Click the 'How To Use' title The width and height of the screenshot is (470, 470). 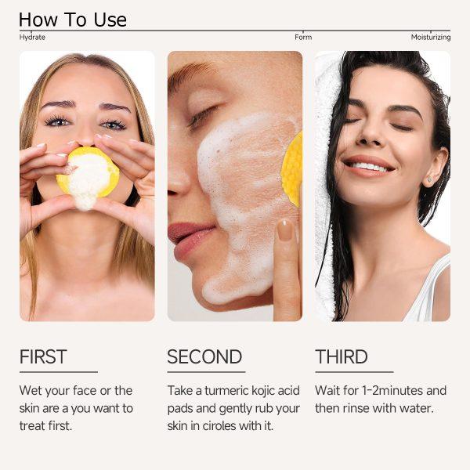tap(73, 20)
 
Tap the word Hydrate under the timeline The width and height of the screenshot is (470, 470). tap(32, 37)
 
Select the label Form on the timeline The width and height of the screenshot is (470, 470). tap(303, 37)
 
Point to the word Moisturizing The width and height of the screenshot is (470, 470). tap(431, 38)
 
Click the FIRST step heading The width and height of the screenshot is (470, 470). tap(43, 356)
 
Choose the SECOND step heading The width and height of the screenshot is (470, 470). tap(204, 356)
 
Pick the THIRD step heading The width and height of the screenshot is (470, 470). tap(342, 356)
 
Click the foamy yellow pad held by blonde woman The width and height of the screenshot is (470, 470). tap(88, 177)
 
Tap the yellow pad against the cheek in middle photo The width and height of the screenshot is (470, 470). tap(292, 169)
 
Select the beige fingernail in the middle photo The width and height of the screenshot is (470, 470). tap(284, 230)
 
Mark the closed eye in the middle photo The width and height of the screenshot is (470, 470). tap(205, 114)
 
